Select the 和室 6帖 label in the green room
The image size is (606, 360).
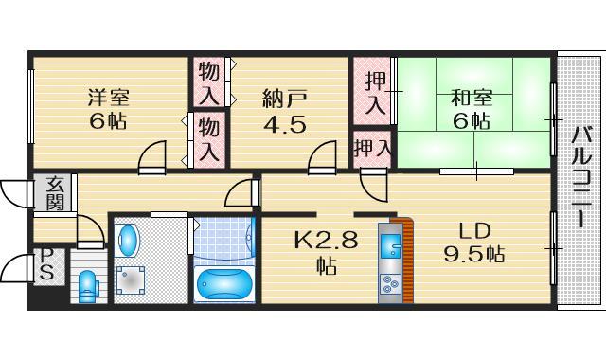[x=470, y=108]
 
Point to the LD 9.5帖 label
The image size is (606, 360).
[x=473, y=242]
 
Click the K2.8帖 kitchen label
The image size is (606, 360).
[x=325, y=252]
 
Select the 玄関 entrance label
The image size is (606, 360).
[x=55, y=196]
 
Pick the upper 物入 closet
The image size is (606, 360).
[x=209, y=82]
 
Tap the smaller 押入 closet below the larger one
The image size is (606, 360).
[x=372, y=148]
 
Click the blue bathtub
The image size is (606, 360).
[x=223, y=283]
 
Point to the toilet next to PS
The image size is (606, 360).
[x=88, y=285]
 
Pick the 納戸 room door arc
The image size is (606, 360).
[x=323, y=157]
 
